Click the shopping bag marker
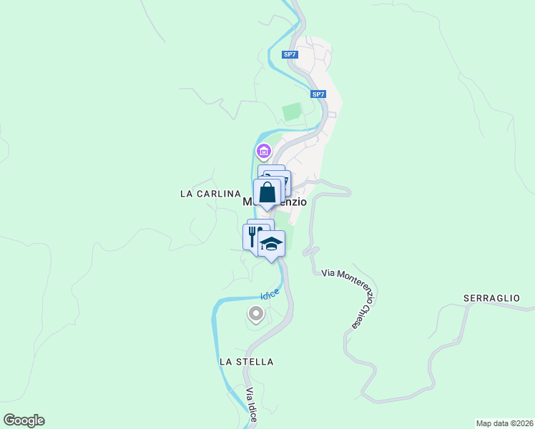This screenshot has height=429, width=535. click(x=267, y=192)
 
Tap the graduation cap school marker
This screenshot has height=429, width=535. click(x=271, y=245)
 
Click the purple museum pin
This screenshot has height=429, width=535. click(x=263, y=151)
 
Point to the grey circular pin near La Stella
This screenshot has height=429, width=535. click(x=255, y=313)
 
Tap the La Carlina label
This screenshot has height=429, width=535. click(x=210, y=194)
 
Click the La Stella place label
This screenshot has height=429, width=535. click(x=246, y=362)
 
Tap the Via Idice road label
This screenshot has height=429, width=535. click(x=251, y=405)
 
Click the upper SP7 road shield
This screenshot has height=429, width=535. click(x=289, y=54)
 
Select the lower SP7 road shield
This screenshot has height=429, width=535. click(x=318, y=94)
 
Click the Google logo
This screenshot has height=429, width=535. click(x=24, y=420)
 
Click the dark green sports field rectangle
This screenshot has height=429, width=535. click(x=292, y=112)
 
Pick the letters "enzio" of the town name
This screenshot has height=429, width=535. click(x=293, y=202)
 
